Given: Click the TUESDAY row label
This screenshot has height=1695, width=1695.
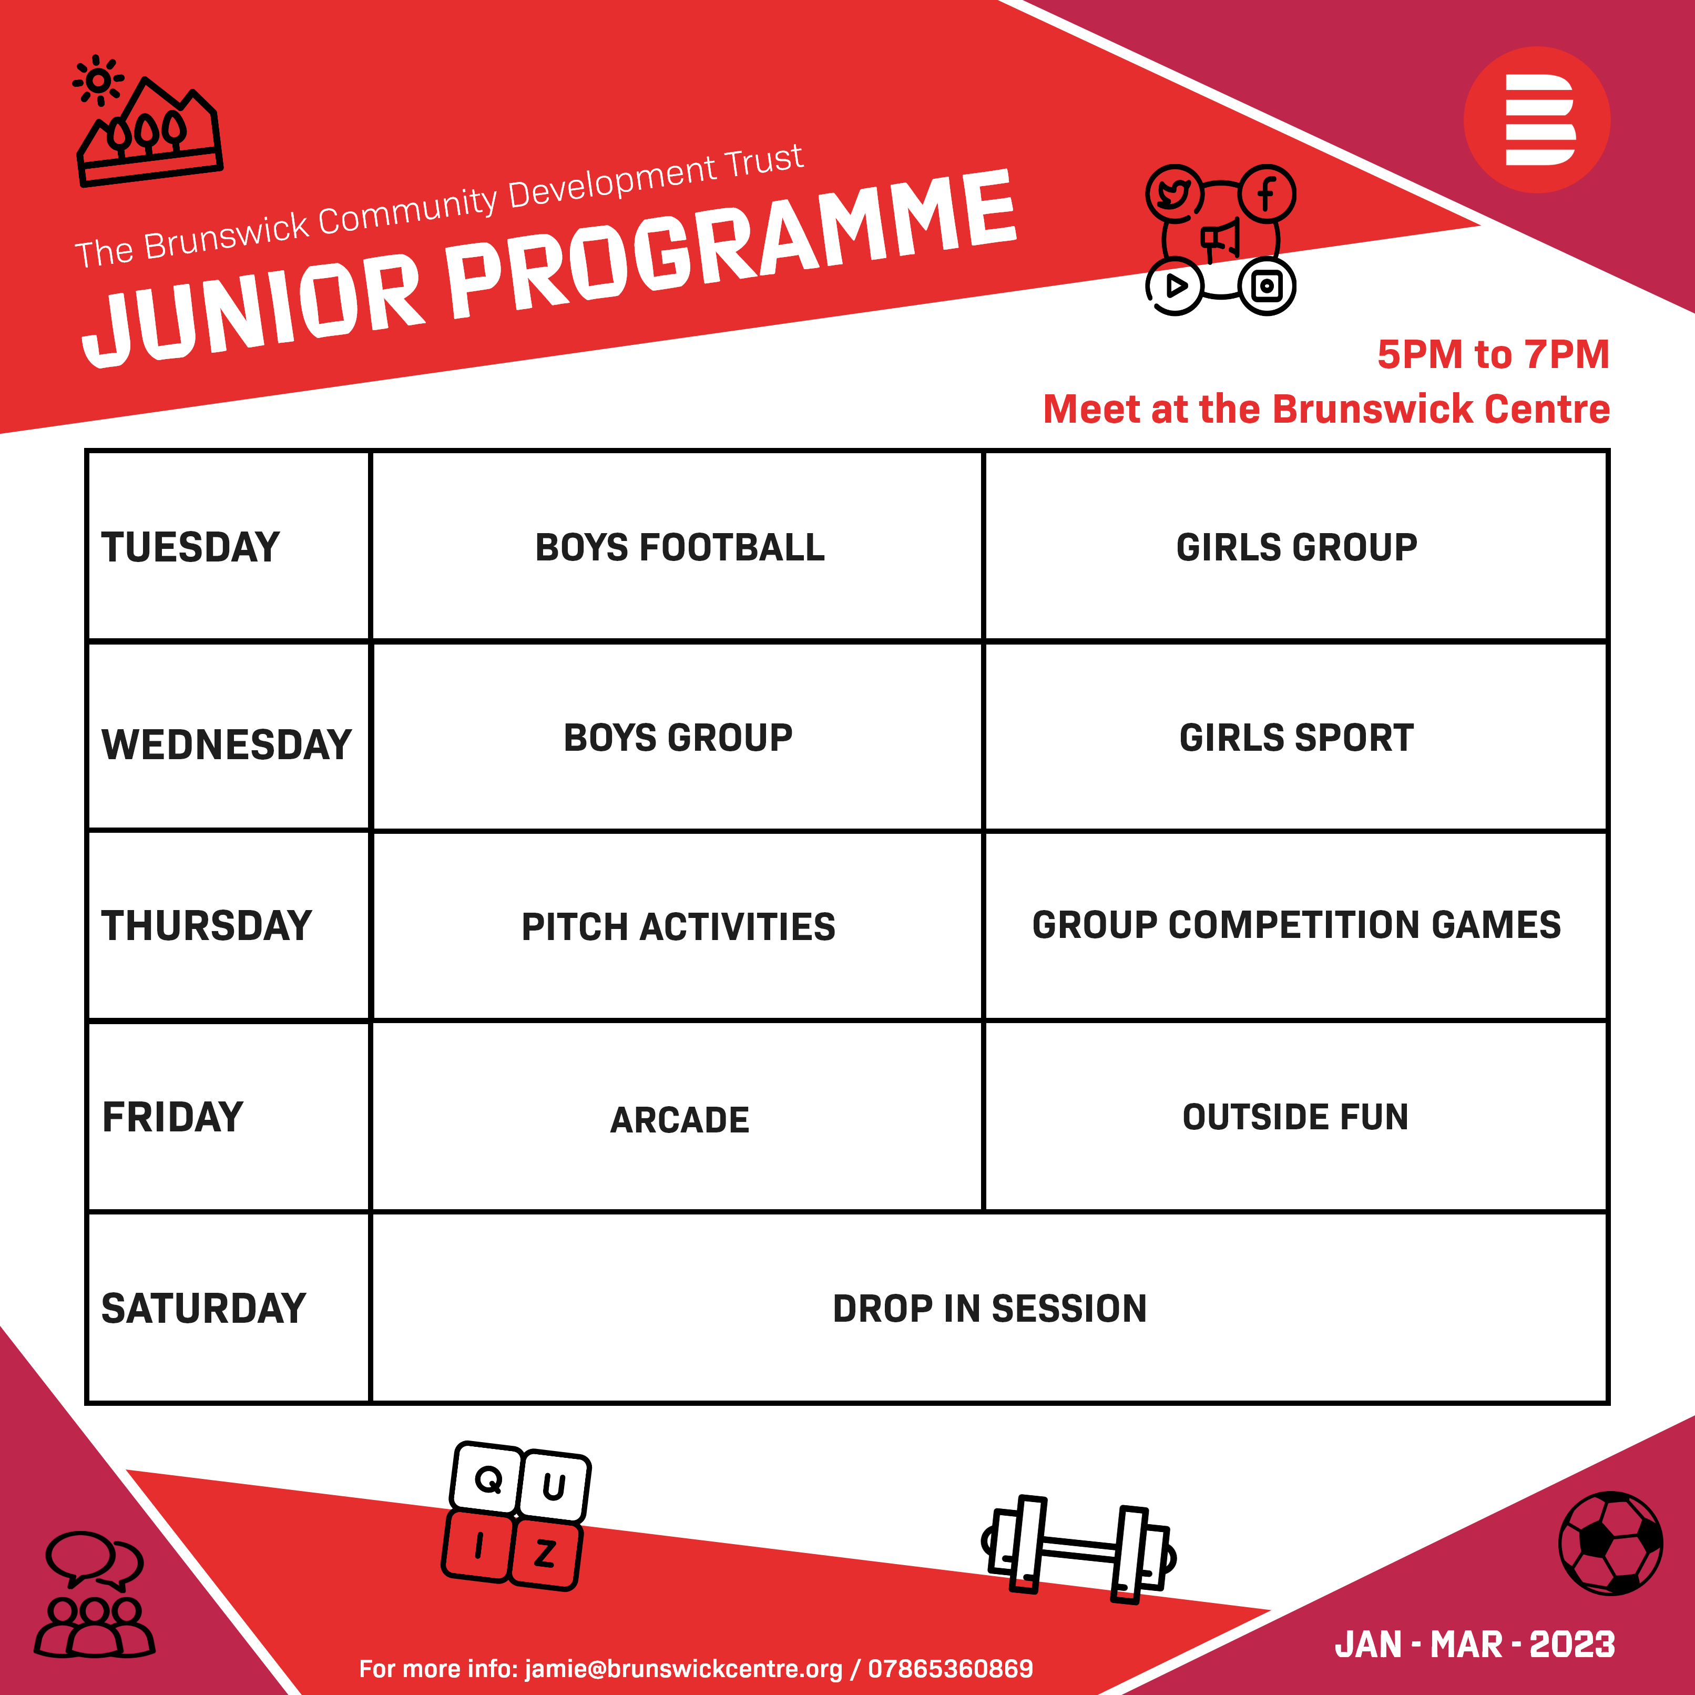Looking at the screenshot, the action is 190,547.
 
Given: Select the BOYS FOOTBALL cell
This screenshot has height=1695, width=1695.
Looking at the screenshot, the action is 680,547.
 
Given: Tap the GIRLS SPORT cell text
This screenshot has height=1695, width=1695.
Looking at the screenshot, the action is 1296,738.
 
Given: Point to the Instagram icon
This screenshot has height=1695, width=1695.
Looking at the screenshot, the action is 1267,286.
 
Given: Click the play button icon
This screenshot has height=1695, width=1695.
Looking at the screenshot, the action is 1175,286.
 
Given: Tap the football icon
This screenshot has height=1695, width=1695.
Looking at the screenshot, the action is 1611,1543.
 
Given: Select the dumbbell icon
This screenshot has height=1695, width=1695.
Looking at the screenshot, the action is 1078,1549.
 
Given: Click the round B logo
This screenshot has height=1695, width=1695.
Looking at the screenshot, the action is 1537,119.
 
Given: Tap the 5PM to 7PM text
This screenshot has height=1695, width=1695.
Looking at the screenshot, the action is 1493,354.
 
